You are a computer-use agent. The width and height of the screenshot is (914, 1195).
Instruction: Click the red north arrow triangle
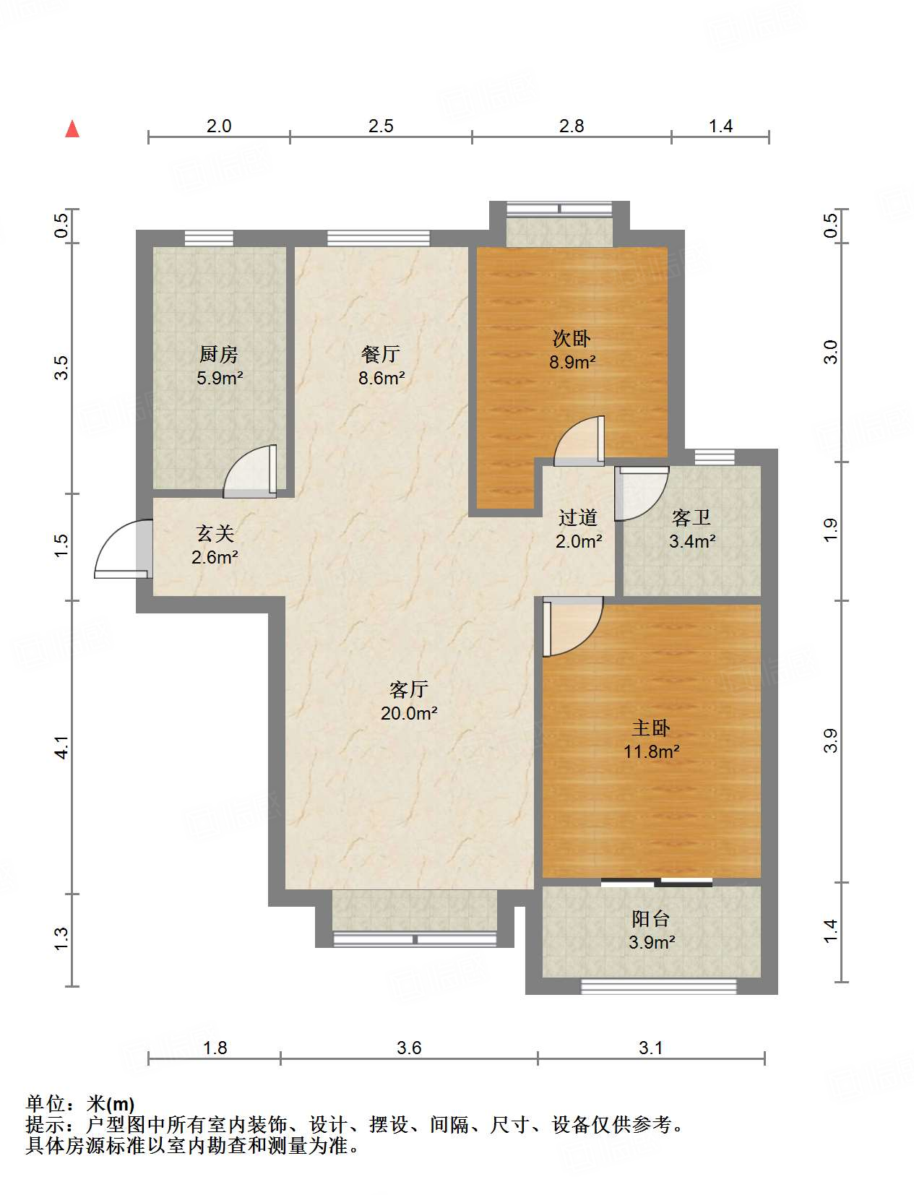click(x=72, y=129)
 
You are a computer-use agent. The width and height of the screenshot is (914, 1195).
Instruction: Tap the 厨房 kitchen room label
click(x=219, y=355)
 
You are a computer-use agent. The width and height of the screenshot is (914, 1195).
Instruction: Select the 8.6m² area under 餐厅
click(x=381, y=378)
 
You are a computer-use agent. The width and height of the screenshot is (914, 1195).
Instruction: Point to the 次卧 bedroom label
click(x=572, y=339)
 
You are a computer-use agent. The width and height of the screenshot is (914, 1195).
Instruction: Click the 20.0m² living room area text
click(x=409, y=713)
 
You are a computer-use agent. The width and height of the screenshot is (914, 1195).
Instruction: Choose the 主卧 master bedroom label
click(x=651, y=728)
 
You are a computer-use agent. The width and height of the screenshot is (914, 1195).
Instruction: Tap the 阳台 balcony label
click(x=651, y=919)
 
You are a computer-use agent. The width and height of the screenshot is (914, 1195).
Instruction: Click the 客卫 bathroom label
click(x=691, y=518)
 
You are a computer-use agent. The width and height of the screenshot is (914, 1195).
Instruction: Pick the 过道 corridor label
click(x=578, y=518)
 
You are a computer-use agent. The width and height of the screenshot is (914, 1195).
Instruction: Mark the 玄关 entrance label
click(x=215, y=533)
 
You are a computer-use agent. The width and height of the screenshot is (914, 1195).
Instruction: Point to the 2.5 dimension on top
click(x=381, y=126)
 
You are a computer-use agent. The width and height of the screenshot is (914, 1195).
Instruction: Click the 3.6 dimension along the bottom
click(x=409, y=1048)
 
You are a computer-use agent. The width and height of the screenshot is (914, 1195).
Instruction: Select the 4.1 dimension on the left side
click(x=61, y=747)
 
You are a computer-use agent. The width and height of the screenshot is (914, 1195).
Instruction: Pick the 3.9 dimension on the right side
click(x=831, y=741)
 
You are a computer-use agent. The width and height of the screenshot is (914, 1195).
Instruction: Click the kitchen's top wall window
click(x=209, y=238)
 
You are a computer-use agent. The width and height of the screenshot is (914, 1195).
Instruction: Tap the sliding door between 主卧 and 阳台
click(x=657, y=882)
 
